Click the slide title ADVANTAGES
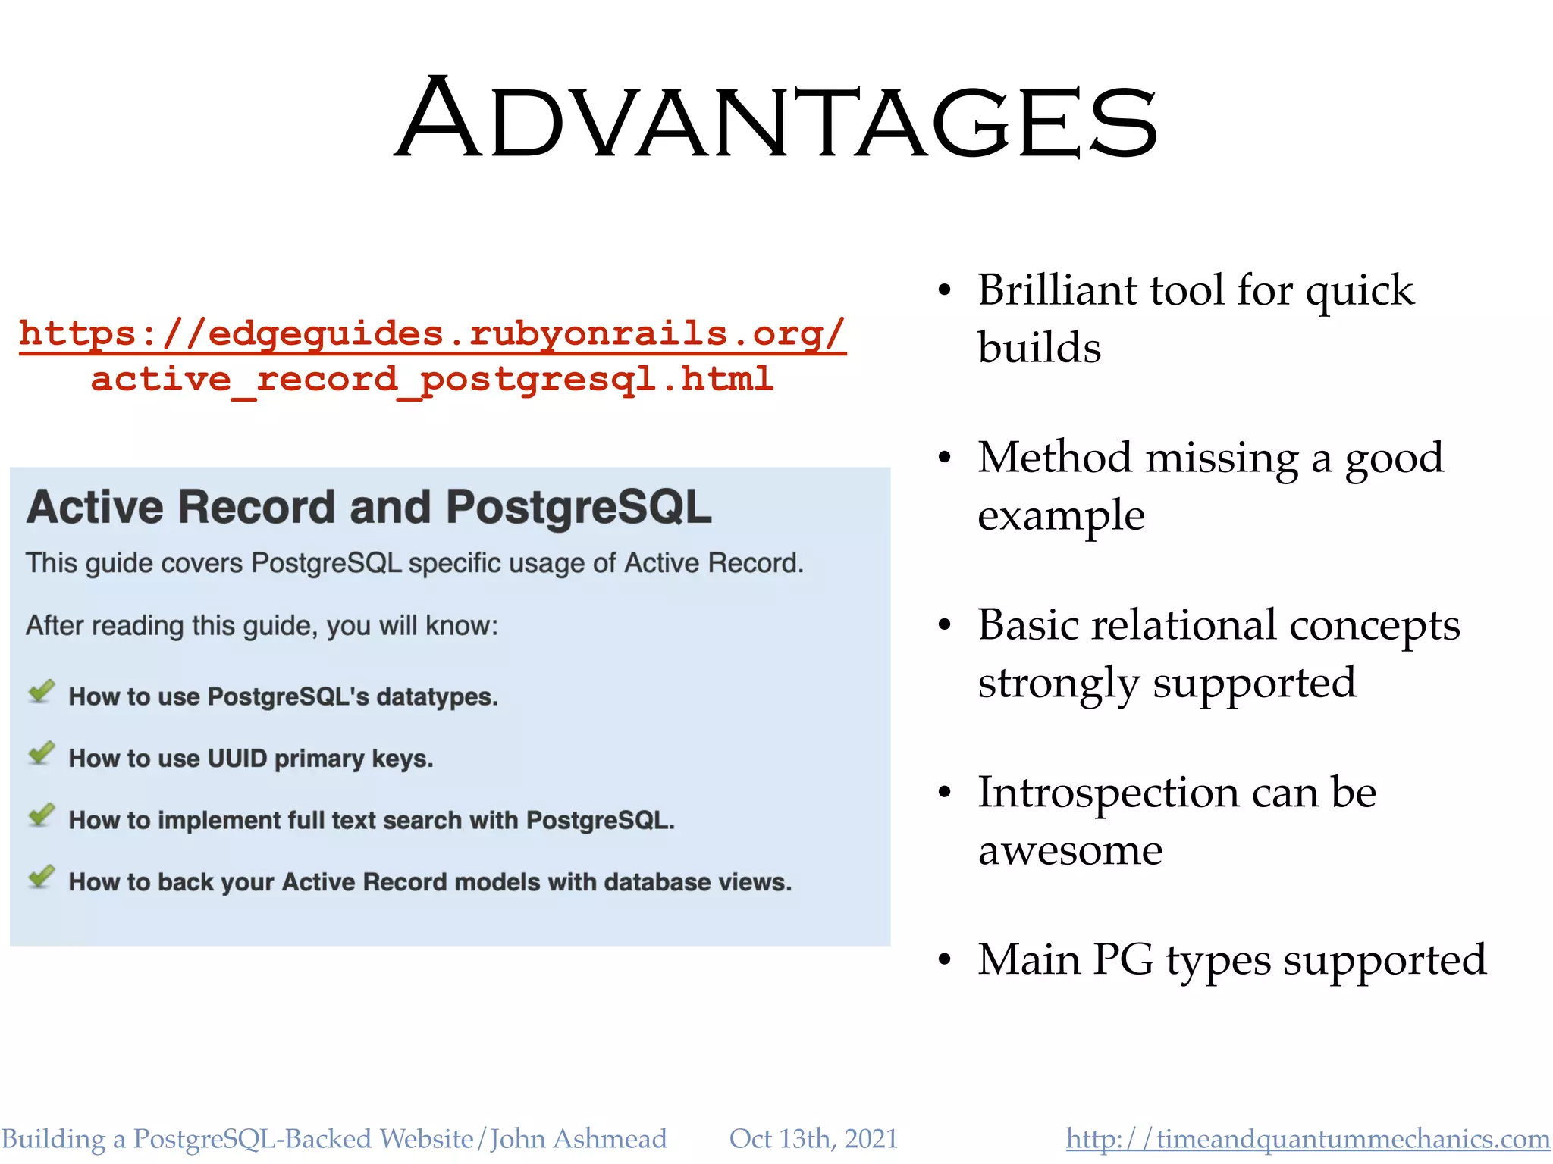[776, 120]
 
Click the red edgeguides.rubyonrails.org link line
[432, 334]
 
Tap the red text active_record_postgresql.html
[432, 379]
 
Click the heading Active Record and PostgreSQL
[369, 507]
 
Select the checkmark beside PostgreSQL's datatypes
[42, 691]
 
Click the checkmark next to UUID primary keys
[42, 753]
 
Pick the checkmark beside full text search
[42, 815]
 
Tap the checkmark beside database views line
[42, 877]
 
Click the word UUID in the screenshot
[237, 759]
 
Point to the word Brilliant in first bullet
[1057, 291]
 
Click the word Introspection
[1108, 793]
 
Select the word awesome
[1070, 851]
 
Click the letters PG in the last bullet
[1122, 961]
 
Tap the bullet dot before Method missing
[944, 458]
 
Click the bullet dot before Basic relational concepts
[944, 625]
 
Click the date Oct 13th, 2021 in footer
[813, 1139]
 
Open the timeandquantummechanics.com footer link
[1307, 1139]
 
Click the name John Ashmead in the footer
[578, 1139]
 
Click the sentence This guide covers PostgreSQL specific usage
[414, 564]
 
